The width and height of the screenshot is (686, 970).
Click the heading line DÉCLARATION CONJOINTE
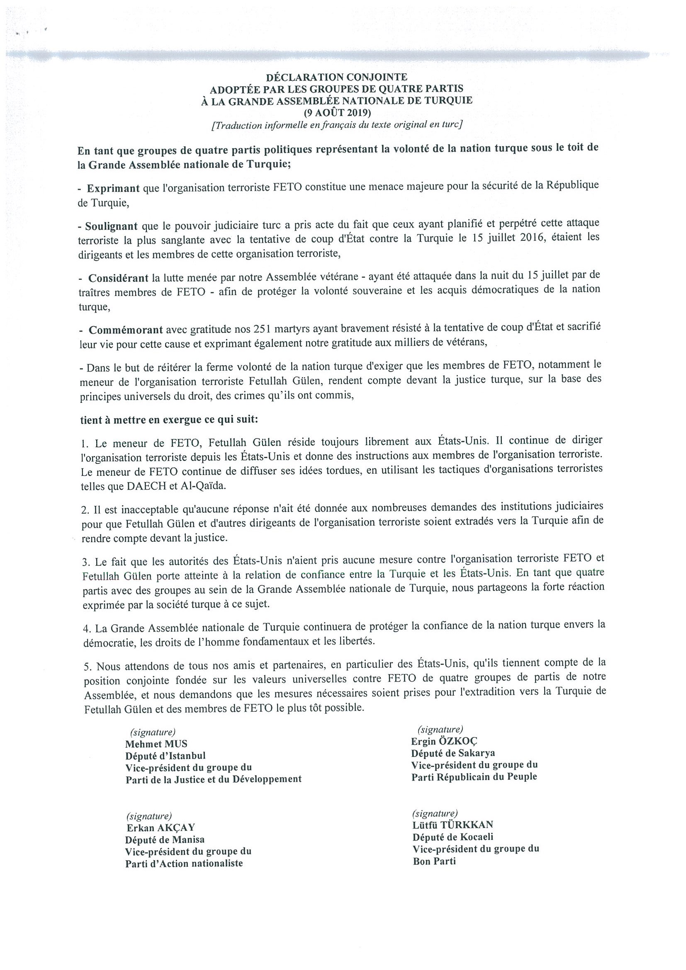(336, 77)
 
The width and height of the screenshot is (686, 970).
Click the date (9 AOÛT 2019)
(336, 112)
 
